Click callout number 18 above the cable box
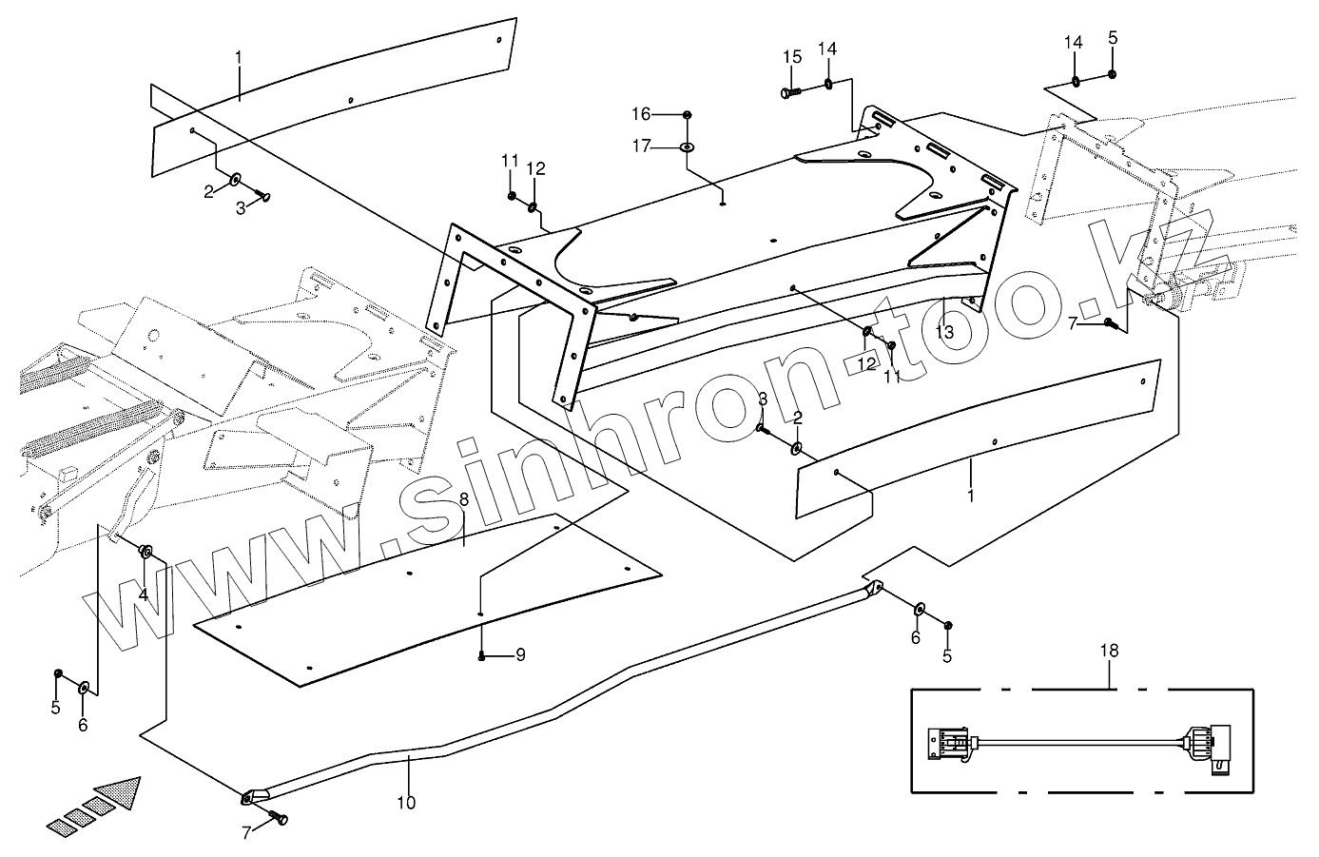1110,651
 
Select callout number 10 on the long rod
406,803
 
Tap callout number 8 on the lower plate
464,498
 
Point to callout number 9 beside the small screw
520,654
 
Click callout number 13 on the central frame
943,332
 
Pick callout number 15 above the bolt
792,57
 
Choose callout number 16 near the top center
668,114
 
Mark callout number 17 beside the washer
668,146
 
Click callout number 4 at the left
144,595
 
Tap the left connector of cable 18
947,742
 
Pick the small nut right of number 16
688,115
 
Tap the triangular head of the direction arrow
120,792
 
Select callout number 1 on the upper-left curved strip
239,58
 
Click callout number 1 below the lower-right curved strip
970,495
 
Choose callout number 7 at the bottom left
246,833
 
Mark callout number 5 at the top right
1113,39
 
